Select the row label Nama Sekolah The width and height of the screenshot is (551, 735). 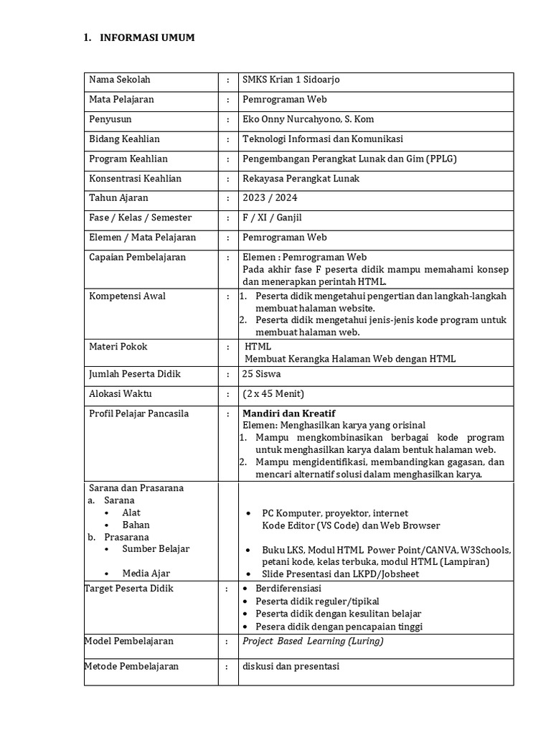(120, 80)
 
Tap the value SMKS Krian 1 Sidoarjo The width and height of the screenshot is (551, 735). (291, 80)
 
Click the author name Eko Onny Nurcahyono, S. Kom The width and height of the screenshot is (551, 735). (309, 119)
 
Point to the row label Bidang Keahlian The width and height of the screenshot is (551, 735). (124, 139)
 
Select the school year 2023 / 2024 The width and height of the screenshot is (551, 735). (270, 198)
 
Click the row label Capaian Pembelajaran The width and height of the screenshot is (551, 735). (137, 257)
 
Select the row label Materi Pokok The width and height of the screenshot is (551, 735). (118, 347)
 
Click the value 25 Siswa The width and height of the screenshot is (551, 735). (262, 374)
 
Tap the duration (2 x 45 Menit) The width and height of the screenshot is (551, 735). (274, 393)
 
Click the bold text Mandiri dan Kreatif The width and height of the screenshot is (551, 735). (289, 413)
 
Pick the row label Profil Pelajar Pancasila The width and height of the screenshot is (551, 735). (139, 413)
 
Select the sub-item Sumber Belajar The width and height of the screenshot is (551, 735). (156, 549)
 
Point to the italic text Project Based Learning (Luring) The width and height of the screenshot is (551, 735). (313, 641)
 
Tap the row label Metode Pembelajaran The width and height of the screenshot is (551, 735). (131, 666)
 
